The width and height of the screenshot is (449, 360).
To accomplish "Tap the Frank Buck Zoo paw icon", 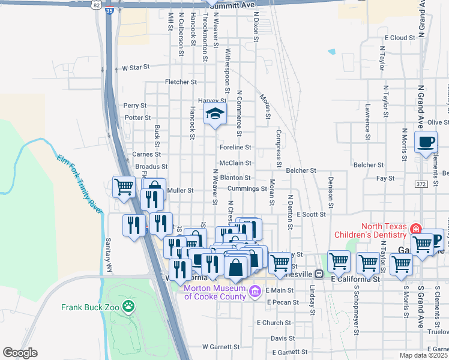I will pos(128,307).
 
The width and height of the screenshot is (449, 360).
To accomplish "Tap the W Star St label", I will pos(135,68).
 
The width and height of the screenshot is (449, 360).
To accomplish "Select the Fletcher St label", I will pos(182,82).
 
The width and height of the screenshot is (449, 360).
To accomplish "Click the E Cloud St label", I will pos(400,37).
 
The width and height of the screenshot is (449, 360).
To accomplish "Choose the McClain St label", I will pos(235,163).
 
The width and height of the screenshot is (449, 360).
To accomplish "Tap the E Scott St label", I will pos(310,214).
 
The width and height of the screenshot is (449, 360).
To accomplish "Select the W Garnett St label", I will pos(221,347).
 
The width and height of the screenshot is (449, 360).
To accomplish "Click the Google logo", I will pos(20,353).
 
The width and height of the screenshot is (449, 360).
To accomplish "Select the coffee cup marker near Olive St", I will pos(426,143).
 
